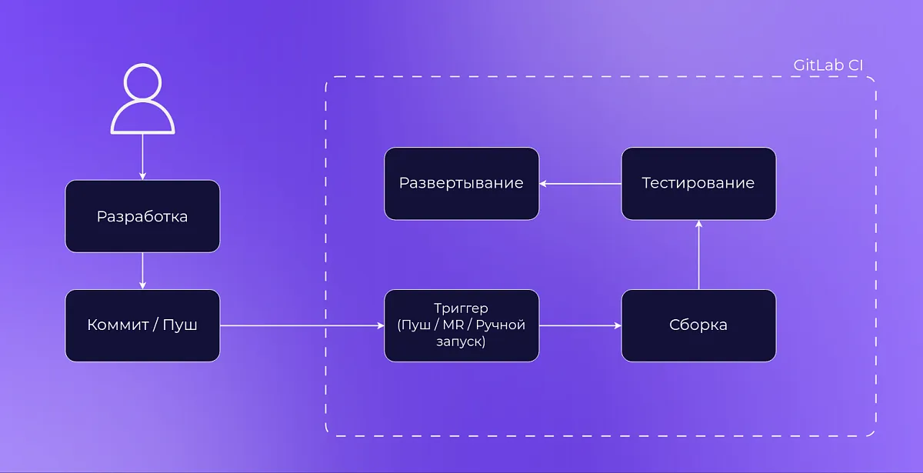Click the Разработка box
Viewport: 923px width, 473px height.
[x=142, y=216]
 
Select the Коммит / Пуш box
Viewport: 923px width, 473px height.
[x=142, y=325]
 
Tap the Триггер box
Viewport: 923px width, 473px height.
[x=461, y=325]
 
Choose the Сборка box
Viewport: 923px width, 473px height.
[x=698, y=325]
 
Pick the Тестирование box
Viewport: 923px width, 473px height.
[x=698, y=183]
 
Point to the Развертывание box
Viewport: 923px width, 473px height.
[x=461, y=183]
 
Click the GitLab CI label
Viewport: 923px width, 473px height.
[x=828, y=65]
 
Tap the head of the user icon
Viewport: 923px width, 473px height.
[x=143, y=83]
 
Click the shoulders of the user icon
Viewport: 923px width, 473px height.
[x=143, y=120]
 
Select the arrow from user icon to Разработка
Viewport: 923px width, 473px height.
[x=143, y=158]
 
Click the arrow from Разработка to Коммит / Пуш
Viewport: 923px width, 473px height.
[x=143, y=271]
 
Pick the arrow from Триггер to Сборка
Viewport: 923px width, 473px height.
[x=580, y=326]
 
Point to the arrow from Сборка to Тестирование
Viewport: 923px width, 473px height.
[x=698, y=255]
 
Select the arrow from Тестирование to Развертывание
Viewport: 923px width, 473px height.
[x=580, y=184]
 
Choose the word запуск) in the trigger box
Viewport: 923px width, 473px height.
[x=461, y=341]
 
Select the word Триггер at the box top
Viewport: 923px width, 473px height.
[x=461, y=308]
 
